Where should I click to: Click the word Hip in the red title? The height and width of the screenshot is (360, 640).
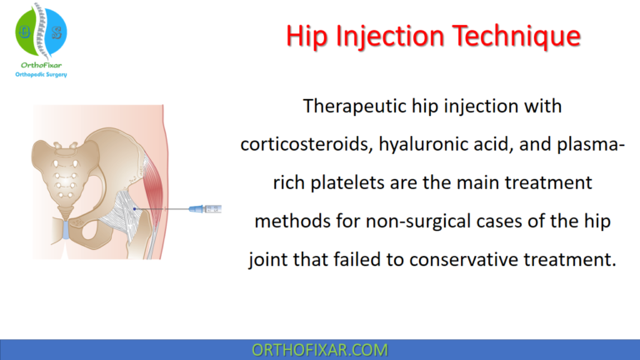click(310, 36)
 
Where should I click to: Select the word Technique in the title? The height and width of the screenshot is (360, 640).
click(512, 36)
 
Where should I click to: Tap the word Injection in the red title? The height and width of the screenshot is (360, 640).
click(392, 36)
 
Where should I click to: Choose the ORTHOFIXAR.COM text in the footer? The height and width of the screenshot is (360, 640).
click(319, 349)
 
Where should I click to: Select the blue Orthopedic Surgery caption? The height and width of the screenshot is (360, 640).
click(41, 75)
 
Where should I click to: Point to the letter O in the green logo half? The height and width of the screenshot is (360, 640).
click(24, 32)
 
